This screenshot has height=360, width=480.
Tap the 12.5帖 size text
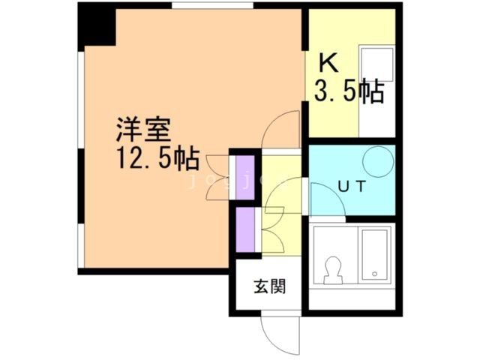(156, 160)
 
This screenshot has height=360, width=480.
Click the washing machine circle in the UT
(377, 160)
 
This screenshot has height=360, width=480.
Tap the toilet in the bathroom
(332, 270)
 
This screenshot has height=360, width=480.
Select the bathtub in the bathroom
(373, 255)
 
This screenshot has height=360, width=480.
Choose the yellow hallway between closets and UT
(279, 180)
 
